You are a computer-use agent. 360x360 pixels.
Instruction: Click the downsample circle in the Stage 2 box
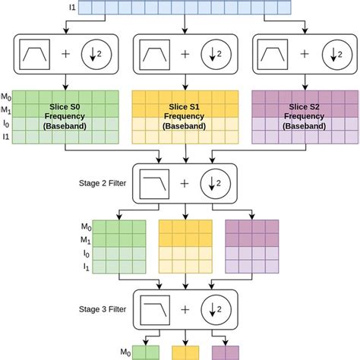click(x=216, y=185)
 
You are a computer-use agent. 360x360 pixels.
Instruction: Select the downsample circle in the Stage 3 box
click(x=216, y=311)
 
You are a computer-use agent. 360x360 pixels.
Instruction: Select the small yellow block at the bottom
click(x=186, y=352)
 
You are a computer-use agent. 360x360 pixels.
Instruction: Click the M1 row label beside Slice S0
click(x=7, y=111)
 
